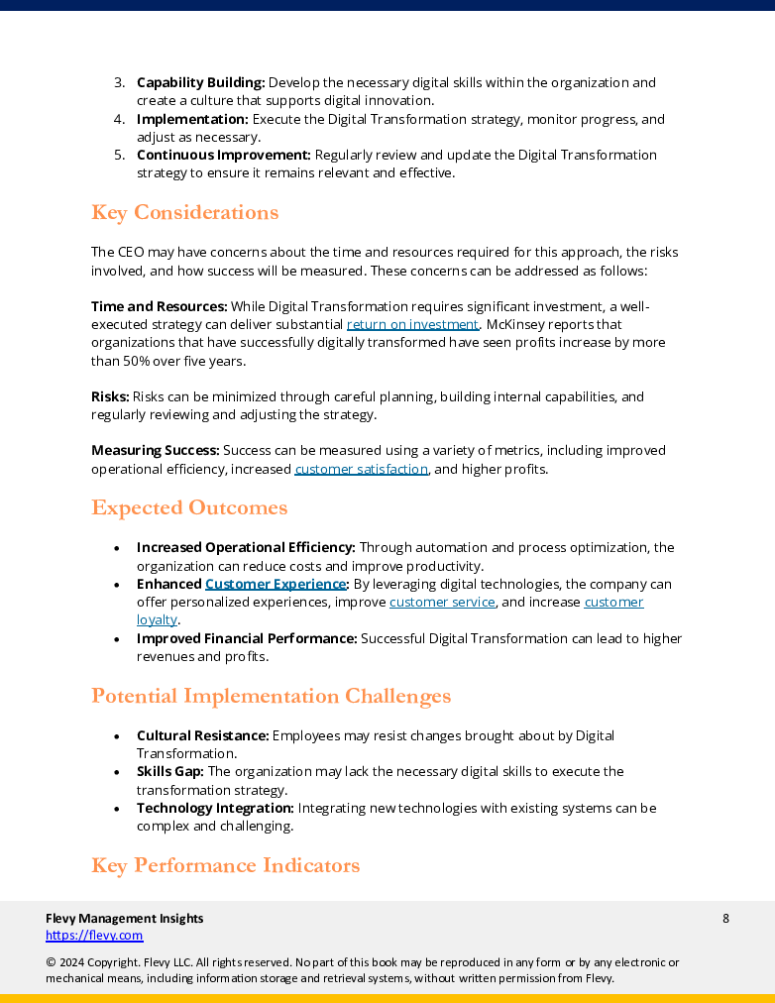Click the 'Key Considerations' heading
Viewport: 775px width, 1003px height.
184,213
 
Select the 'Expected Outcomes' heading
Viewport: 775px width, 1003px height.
189,508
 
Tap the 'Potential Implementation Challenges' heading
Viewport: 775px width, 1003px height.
271,697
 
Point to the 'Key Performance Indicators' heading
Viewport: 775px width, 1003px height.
225,866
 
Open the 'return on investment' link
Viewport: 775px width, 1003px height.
412,324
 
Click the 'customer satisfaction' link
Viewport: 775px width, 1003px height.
361,469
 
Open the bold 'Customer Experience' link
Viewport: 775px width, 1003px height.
276,585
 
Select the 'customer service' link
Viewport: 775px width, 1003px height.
442,603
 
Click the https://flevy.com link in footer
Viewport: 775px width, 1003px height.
94,936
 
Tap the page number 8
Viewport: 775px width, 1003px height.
725,919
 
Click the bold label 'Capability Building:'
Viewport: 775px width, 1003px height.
200,83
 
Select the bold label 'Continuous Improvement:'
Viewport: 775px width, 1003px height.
223,156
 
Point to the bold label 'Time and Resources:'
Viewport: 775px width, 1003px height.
159,306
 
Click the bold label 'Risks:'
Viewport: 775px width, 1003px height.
110,396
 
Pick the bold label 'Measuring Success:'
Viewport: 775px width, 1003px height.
155,451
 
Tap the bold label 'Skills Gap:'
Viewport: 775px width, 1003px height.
169,772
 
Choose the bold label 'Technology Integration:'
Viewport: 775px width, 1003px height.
215,809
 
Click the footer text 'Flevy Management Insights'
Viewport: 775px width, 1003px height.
124,919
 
